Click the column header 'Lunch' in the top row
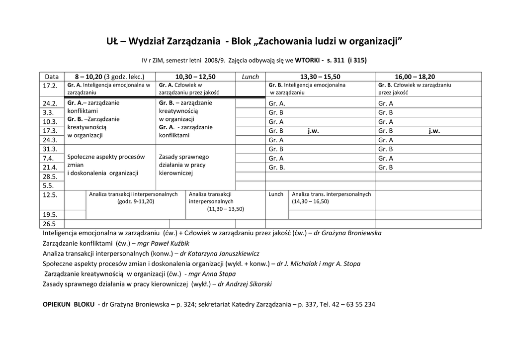tap(251, 77)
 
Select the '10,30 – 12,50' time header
tap(195, 77)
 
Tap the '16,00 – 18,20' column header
tap(415, 77)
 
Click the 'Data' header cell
tap(52, 77)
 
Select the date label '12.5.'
tap(50, 195)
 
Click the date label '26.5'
tap(50, 224)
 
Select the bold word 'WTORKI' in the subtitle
tap(308, 61)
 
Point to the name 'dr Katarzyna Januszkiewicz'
tap(219, 254)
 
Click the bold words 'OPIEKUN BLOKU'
tap(69, 304)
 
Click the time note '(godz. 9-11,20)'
tap(136, 202)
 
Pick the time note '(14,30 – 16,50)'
tap(310, 202)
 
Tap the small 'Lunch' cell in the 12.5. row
tap(276, 194)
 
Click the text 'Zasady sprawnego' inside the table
tap(184, 157)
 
